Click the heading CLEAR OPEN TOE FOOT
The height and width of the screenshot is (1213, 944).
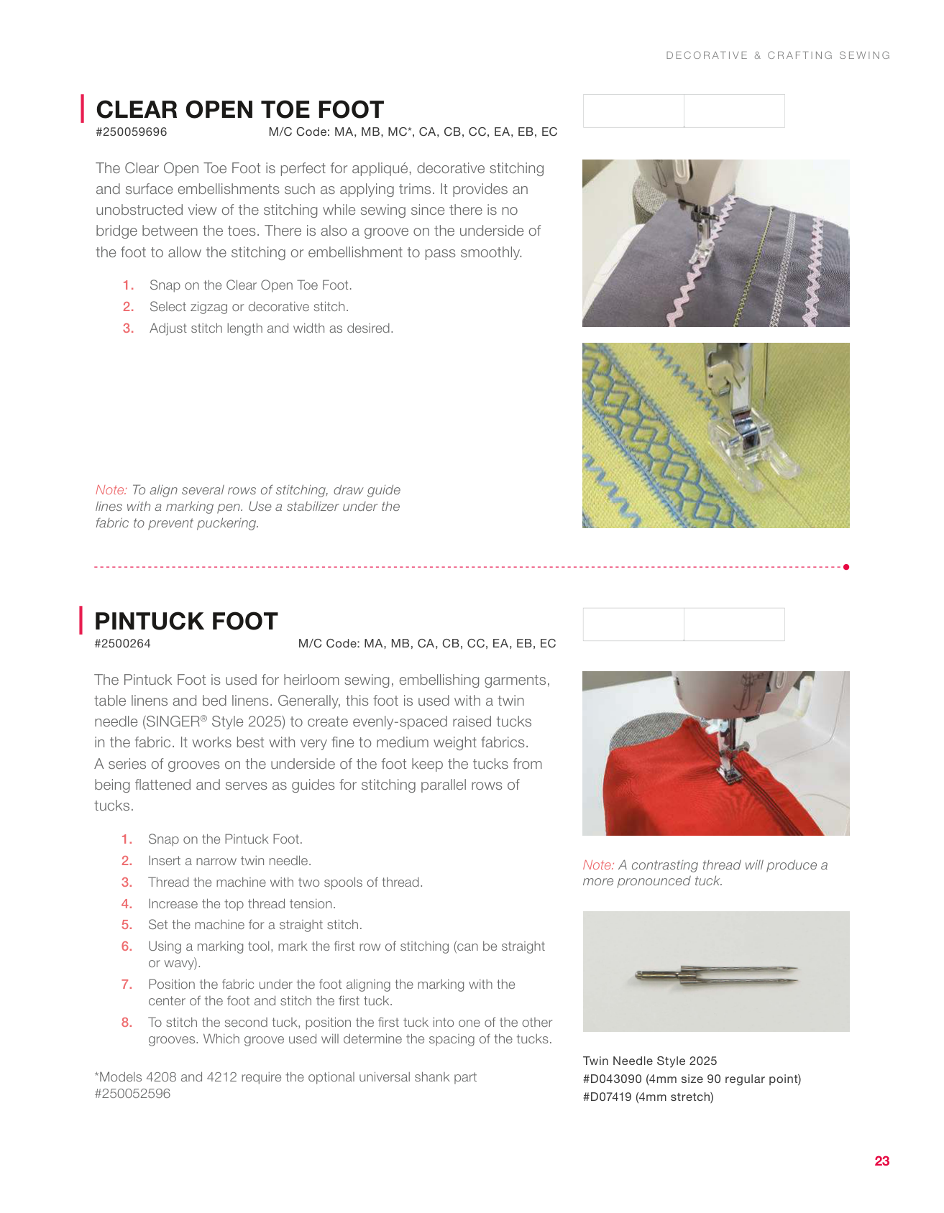(239, 110)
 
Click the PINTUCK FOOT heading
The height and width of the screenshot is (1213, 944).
(186, 622)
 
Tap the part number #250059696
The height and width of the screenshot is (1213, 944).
(132, 132)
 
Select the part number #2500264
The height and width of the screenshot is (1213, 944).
(123, 644)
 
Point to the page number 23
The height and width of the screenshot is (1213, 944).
(882, 1161)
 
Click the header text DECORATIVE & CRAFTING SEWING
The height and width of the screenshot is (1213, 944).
(778, 55)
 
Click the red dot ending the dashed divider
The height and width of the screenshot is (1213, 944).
(846, 567)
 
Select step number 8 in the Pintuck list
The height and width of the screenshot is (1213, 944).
(127, 1023)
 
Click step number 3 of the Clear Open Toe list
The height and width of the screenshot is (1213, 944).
(128, 328)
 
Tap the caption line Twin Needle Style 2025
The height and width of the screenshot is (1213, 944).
(650, 1061)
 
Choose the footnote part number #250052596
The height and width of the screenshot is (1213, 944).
(133, 1094)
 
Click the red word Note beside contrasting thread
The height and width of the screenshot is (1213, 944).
(598, 865)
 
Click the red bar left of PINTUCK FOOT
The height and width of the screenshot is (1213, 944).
(81, 621)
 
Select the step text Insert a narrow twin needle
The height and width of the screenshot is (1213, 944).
(229, 861)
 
